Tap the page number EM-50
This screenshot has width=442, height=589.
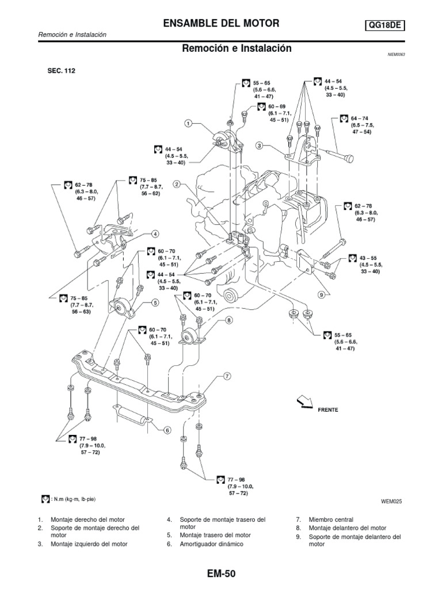coord(221,573)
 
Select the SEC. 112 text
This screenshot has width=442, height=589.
coord(58,71)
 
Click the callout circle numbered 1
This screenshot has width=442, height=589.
coord(188,123)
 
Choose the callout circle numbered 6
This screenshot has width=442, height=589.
coord(167,429)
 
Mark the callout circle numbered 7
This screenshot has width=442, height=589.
coord(227,376)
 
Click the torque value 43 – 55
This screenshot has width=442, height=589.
coord(367,258)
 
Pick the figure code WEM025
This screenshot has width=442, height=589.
coord(390,501)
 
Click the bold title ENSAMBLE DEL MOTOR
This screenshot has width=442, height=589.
coord(222,24)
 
